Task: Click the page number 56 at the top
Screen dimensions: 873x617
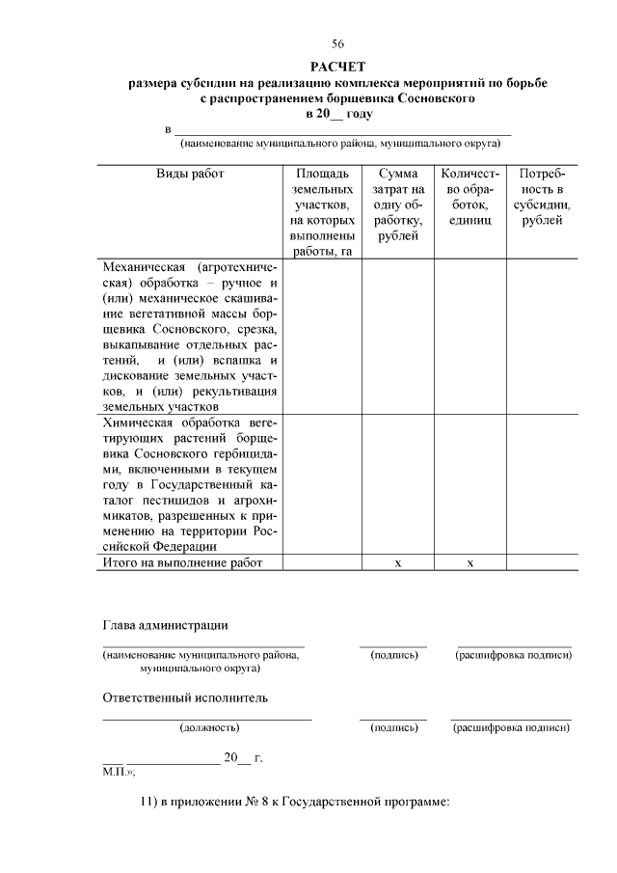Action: click(337, 44)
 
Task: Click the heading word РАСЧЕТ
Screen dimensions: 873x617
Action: click(337, 67)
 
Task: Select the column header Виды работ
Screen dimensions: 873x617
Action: click(190, 174)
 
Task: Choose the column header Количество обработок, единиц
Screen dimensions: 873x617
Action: click(469, 197)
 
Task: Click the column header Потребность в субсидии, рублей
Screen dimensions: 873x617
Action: click(543, 197)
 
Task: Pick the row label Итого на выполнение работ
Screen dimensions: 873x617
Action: click(180, 562)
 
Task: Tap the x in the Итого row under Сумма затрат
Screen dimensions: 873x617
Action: click(397, 563)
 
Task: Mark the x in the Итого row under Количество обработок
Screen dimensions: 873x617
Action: click(469, 563)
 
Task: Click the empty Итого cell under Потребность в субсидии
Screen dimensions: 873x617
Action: click(543, 562)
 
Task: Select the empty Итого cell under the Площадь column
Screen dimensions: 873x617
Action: click(322, 562)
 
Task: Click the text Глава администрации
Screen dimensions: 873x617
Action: click(165, 625)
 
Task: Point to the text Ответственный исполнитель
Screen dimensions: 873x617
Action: click(185, 697)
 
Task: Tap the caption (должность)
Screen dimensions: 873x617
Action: click(208, 727)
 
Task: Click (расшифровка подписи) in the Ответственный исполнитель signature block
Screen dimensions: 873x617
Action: click(511, 727)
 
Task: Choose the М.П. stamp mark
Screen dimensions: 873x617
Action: click(118, 772)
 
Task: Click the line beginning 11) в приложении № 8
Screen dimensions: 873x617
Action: click(295, 803)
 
